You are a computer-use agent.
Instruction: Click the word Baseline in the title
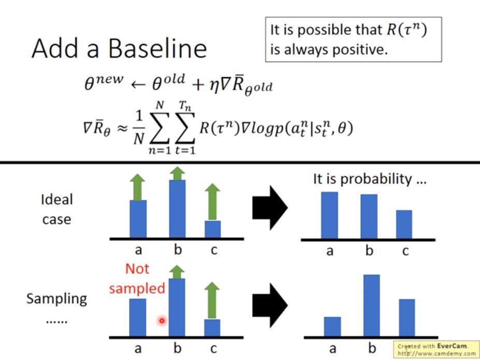[157, 48]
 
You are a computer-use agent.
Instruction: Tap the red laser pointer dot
[162, 321]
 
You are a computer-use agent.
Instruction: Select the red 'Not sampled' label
[137, 279]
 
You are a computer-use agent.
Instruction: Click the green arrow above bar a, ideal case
[137, 187]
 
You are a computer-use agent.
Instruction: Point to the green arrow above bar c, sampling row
[212, 300]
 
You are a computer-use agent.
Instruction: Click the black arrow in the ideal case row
[270, 208]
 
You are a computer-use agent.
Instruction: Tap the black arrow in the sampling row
[270, 305]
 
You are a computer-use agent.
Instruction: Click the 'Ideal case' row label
[57, 209]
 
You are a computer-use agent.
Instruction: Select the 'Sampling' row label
[57, 299]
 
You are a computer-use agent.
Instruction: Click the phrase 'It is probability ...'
[370, 179]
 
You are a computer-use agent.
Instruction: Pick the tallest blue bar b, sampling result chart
[372, 306]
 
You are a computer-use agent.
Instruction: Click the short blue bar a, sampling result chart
[332, 327]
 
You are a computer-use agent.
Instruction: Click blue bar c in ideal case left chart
[212, 229]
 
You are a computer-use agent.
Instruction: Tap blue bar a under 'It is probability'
[329, 215]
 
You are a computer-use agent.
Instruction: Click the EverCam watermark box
[436, 349]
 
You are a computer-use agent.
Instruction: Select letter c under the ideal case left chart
[214, 250]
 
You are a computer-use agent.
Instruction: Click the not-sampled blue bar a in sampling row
[137, 318]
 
